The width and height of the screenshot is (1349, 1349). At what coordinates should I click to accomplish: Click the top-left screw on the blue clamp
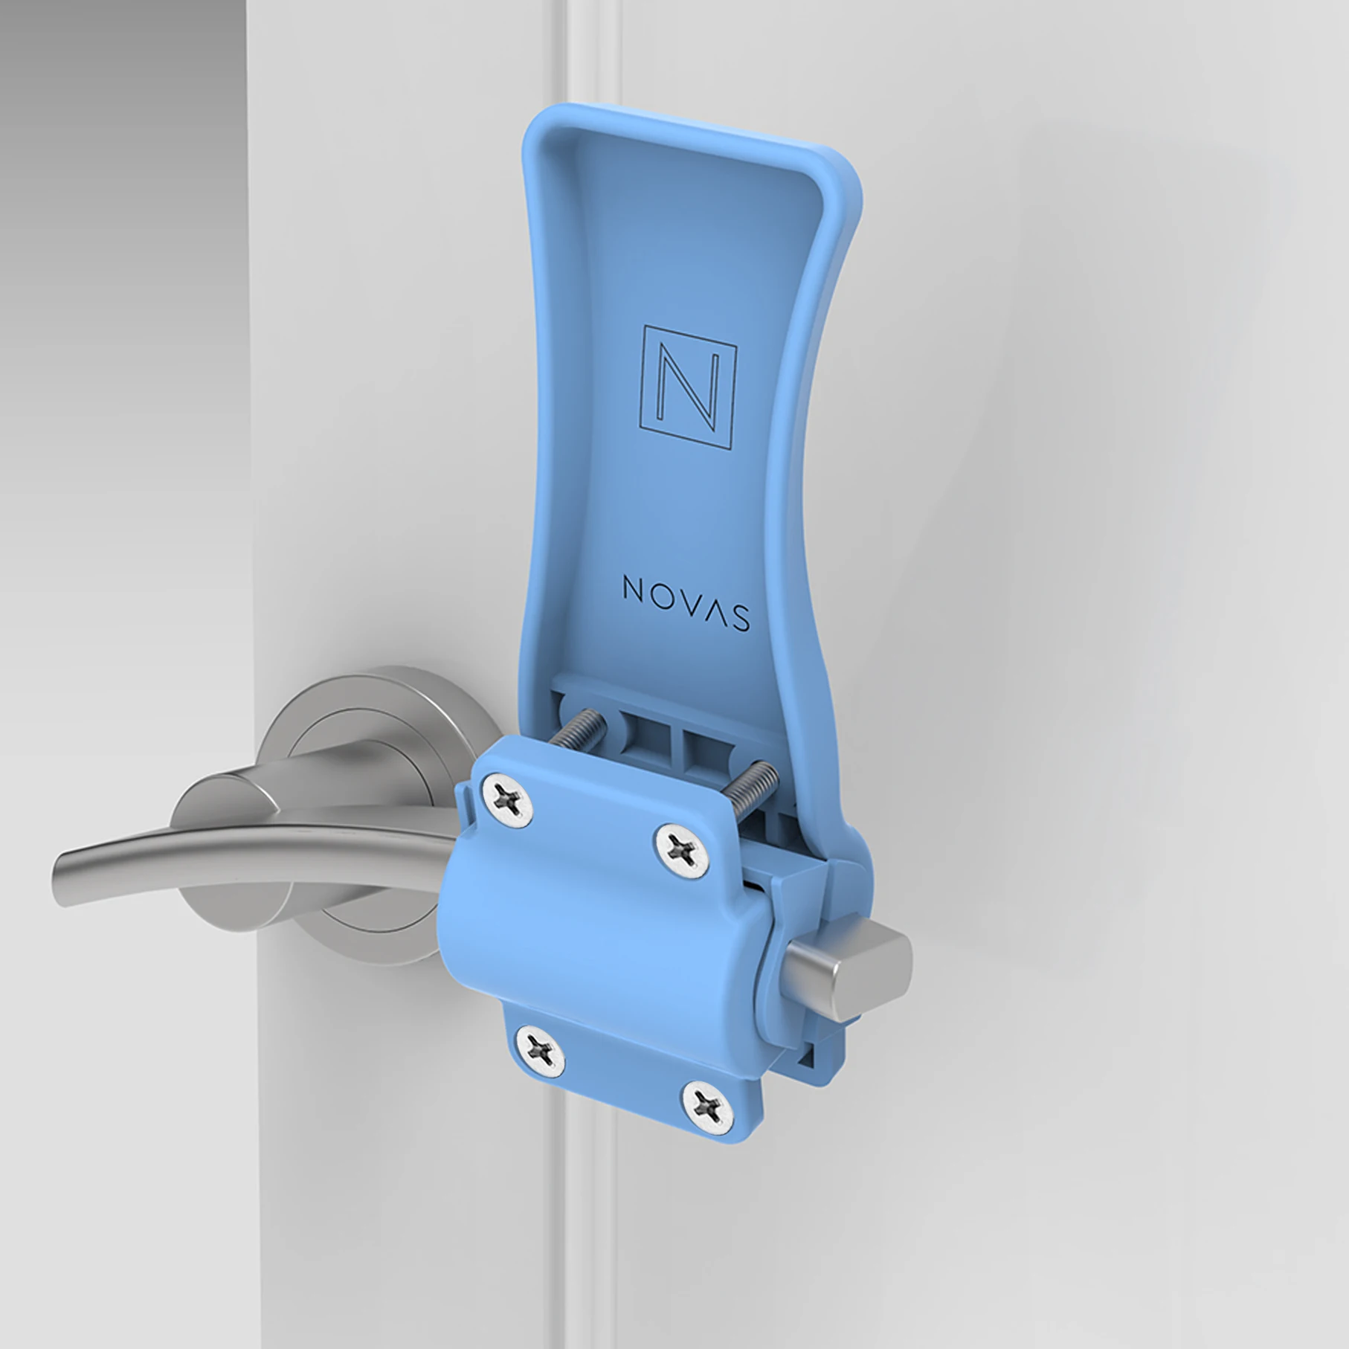508,799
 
